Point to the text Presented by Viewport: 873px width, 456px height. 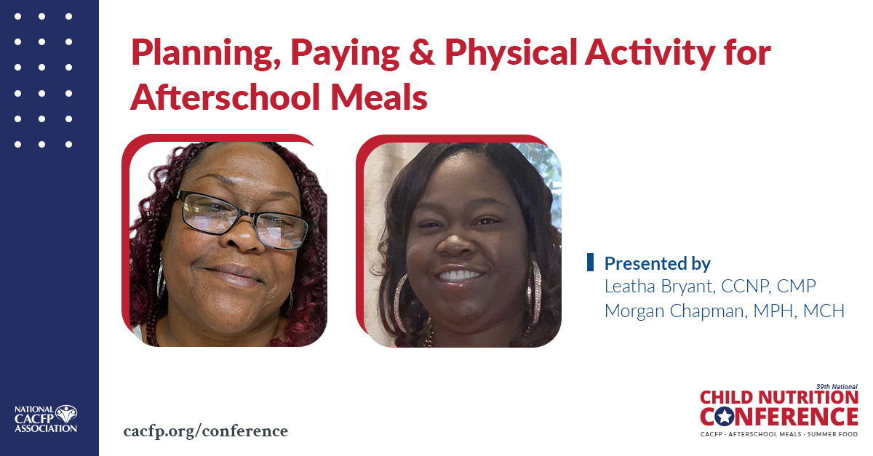(658, 263)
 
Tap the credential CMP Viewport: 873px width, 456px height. (804, 287)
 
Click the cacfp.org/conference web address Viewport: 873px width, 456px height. (206, 431)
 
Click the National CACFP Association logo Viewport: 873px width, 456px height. (46, 419)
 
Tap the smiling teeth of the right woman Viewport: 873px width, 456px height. (461, 276)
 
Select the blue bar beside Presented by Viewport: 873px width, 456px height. (590, 263)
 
